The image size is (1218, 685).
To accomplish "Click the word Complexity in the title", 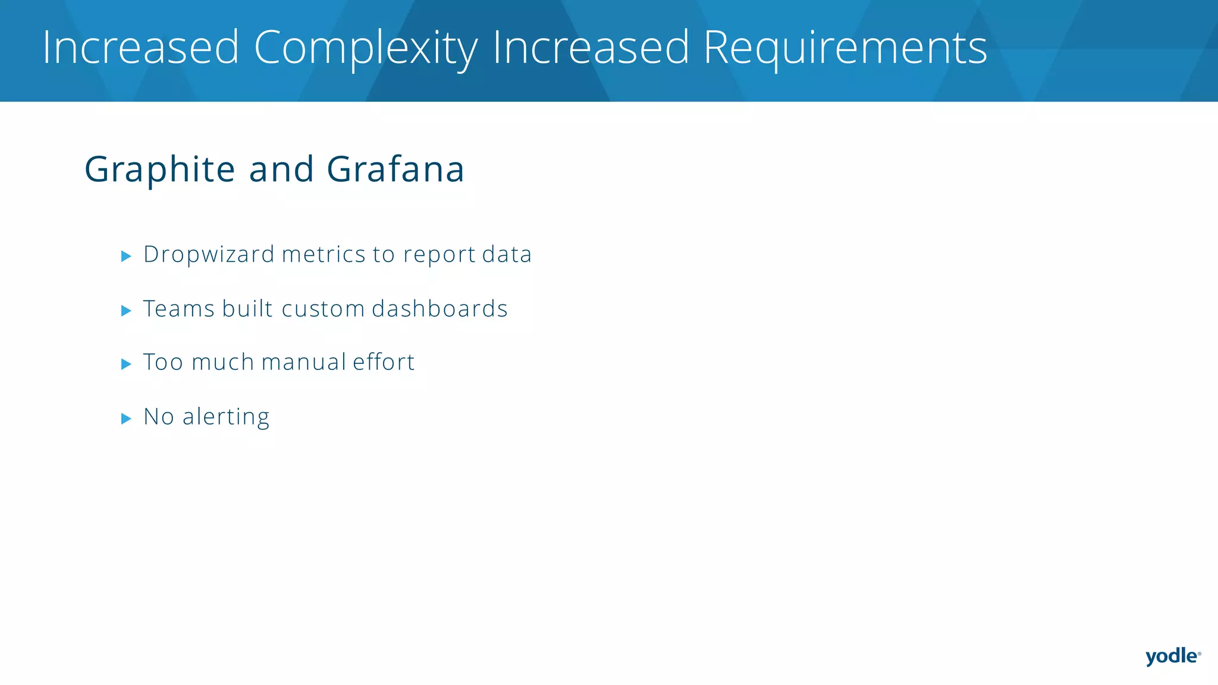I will point(365,48).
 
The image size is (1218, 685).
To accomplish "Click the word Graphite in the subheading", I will point(159,169).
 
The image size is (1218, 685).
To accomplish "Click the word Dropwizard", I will point(209,254).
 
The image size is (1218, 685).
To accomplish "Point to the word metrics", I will point(324,254).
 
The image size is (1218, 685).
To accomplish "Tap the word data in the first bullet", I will point(507,254).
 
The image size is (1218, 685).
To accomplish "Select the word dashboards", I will point(440,309).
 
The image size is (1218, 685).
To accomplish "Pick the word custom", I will point(323,309).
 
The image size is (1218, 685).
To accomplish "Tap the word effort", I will point(384,362).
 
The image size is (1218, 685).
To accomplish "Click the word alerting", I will point(226,417).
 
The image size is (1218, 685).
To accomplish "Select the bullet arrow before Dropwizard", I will point(125,256).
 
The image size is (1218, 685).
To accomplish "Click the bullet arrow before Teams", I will point(125,310).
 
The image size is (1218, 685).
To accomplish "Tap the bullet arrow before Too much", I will point(125,364).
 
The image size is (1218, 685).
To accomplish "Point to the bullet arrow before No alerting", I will point(125,419).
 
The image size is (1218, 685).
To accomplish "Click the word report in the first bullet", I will point(439,254).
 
